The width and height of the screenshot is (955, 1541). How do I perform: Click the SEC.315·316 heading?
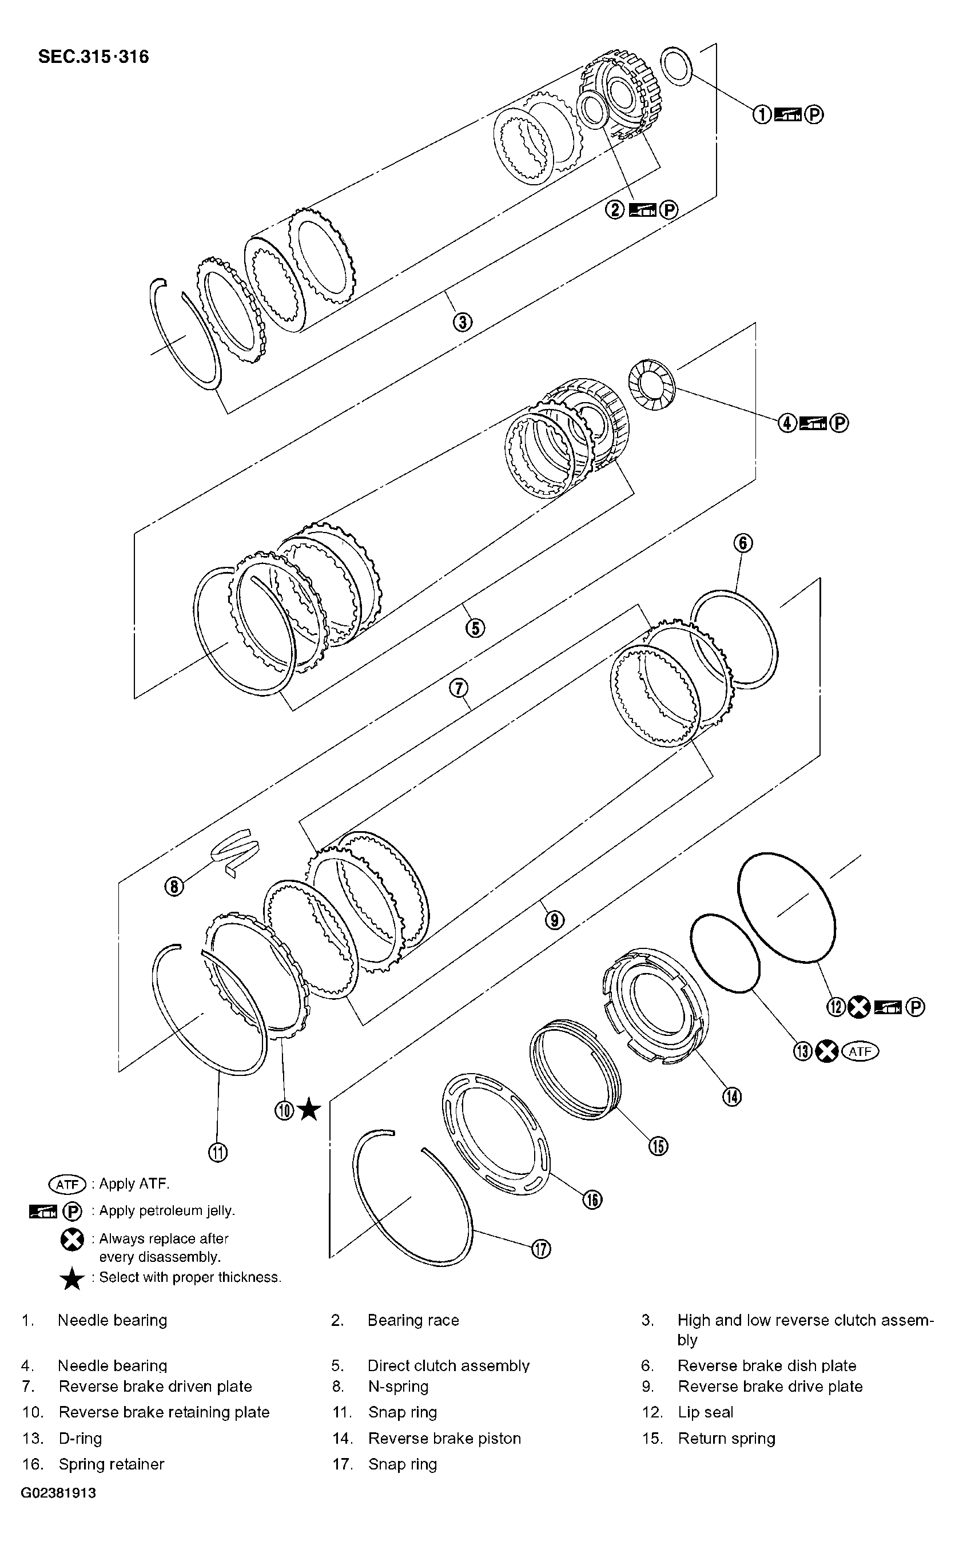coord(93,57)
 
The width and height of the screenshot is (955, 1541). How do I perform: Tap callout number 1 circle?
coord(762,114)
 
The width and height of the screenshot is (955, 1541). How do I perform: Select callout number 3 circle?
coord(462,322)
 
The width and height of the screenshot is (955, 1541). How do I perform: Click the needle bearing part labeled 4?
coord(652,384)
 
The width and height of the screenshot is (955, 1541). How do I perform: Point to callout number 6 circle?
coord(743,543)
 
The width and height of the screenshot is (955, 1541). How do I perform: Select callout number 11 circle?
coord(217,1153)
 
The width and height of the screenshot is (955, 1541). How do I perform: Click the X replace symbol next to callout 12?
coord(858,1007)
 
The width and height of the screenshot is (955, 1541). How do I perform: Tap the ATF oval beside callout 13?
coord(860,1051)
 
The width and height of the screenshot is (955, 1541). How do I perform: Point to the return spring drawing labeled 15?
coord(575,1067)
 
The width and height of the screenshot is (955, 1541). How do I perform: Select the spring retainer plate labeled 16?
coord(496,1134)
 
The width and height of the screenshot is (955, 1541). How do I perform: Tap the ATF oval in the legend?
coord(67,1184)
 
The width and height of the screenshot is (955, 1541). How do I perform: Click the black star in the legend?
coord(72,1279)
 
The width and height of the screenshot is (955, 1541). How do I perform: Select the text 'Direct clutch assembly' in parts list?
coord(448,1366)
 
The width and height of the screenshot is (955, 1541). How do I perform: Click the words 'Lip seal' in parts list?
coord(705,1412)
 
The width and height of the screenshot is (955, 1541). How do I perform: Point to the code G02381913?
coord(58,1493)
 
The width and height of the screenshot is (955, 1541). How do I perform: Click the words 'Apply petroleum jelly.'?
coord(167,1210)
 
